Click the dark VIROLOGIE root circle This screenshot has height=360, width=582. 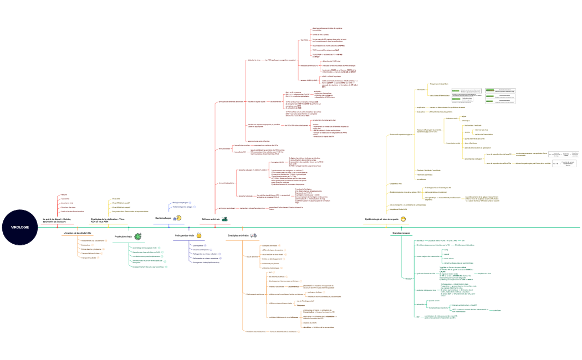click(x=19, y=227)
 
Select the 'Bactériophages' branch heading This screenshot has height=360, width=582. click(x=164, y=219)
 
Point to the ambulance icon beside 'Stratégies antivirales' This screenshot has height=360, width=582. click(x=253, y=235)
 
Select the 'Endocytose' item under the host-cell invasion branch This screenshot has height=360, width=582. click(x=86, y=245)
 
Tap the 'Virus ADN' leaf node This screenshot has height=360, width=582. click(x=116, y=198)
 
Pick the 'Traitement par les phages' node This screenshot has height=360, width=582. click(x=183, y=207)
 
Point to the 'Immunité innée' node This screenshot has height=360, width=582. click(x=224, y=149)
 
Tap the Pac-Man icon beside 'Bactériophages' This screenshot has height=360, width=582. click(x=177, y=219)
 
